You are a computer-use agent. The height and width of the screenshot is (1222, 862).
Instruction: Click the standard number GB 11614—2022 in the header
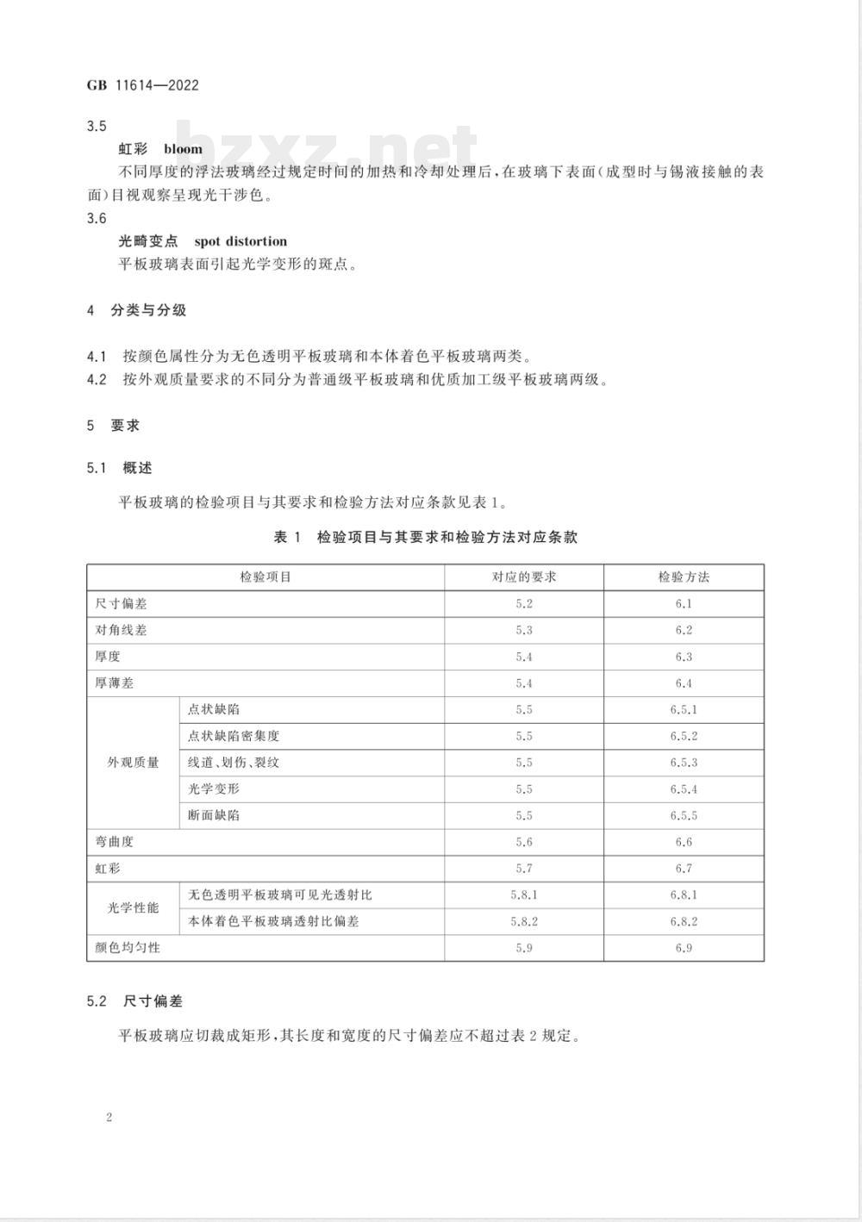pyautogui.click(x=143, y=84)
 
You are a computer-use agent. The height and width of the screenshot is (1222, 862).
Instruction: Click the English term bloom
pyautogui.click(x=183, y=149)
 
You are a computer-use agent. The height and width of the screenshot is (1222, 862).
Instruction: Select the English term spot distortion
pyautogui.click(x=240, y=241)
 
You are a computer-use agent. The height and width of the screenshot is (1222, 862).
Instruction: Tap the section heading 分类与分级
pyautogui.click(x=148, y=310)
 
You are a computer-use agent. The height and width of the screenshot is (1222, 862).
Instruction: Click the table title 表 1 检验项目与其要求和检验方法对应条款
pyautogui.click(x=425, y=537)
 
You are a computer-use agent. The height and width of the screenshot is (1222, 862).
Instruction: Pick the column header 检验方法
pyautogui.click(x=684, y=577)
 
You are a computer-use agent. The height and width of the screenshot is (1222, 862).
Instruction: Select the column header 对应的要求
pyautogui.click(x=524, y=577)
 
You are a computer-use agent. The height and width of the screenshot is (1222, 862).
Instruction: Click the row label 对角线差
pyautogui.click(x=122, y=631)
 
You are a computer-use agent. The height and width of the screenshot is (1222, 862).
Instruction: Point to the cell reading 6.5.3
pyautogui.click(x=684, y=763)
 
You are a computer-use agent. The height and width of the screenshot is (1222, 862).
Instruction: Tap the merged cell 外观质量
pyautogui.click(x=134, y=763)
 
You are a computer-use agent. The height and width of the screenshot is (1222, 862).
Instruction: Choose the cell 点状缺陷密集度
pyautogui.click(x=234, y=736)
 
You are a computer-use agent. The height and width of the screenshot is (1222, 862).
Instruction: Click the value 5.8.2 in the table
pyautogui.click(x=524, y=921)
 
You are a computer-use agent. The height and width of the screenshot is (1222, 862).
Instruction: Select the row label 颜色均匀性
pyautogui.click(x=128, y=948)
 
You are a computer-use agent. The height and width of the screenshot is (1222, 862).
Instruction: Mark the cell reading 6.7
pyautogui.click(x=684, y=869)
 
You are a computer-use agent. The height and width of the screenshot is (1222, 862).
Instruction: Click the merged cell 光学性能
pyautogui.click(x=134, y=908)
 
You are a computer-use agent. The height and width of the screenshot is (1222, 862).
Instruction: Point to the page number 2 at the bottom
pyautogui.click(x=109, y=1118)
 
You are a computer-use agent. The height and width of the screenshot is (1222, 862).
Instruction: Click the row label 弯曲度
pyautogui.click(x=115, y=842)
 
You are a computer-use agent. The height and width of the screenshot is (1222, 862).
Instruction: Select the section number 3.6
pyautogui.click(x=97, y=219)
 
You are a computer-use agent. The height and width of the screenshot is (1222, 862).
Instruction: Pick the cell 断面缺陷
pyautogui.click(x=214, y=815)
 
